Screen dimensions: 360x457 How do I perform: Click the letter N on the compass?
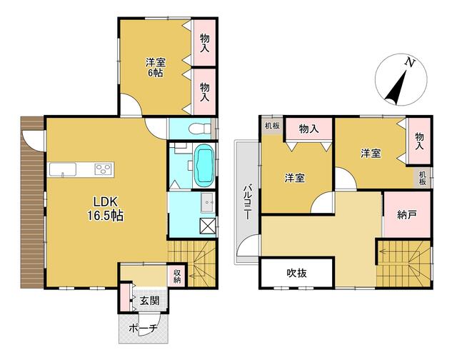click(x=410, y=64)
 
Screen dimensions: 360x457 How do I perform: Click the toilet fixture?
click(x=202, y=129)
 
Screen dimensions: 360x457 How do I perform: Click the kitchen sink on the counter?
click(x=64, y=169)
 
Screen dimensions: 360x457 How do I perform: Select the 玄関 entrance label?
click(x=149, y=300)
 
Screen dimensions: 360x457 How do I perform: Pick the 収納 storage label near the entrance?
click(x=176, y=275)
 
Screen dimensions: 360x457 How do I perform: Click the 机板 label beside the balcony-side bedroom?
click(x=272, y=126)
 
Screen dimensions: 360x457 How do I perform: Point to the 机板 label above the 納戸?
click(x=423, y=178)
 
